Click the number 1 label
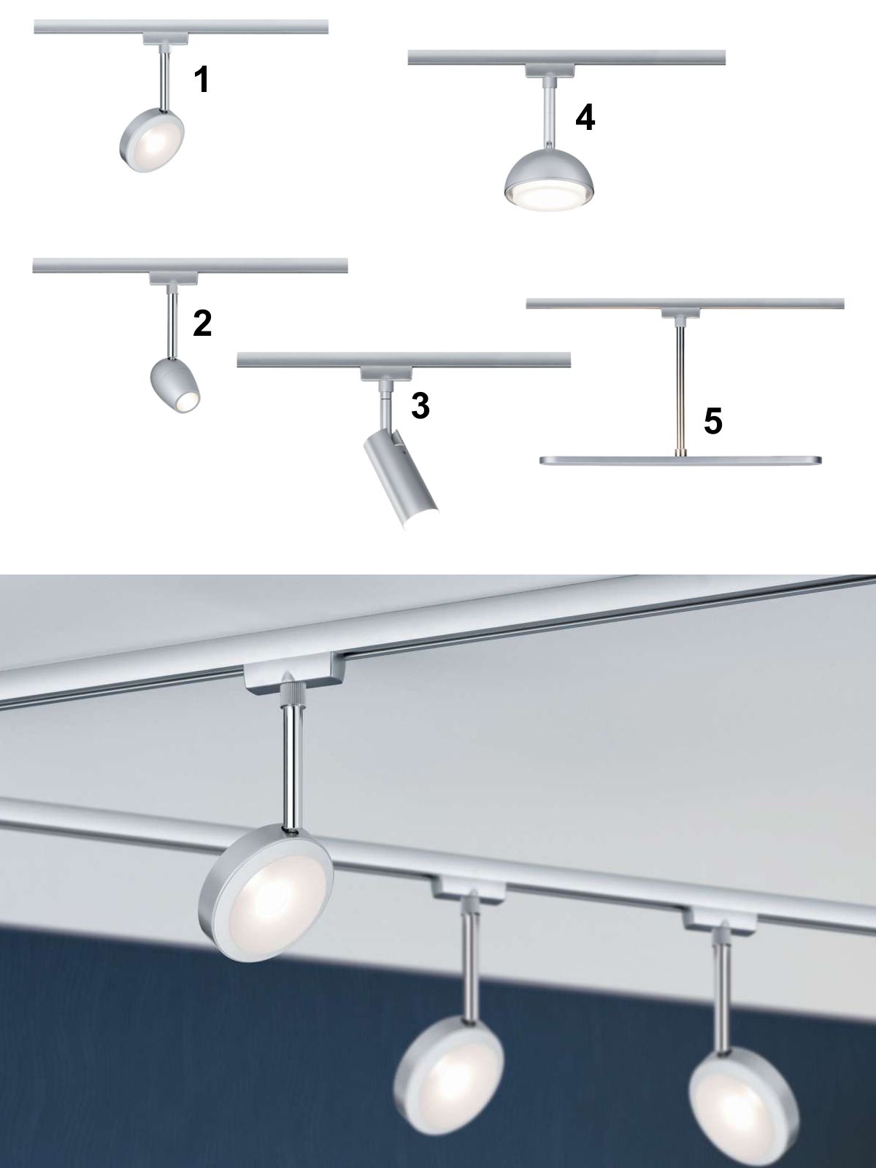coord(201,80)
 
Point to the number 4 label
coord(585,118)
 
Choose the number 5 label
coord(712,421)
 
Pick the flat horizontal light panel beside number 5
coord(681,461)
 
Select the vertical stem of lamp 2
coord(172,323)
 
